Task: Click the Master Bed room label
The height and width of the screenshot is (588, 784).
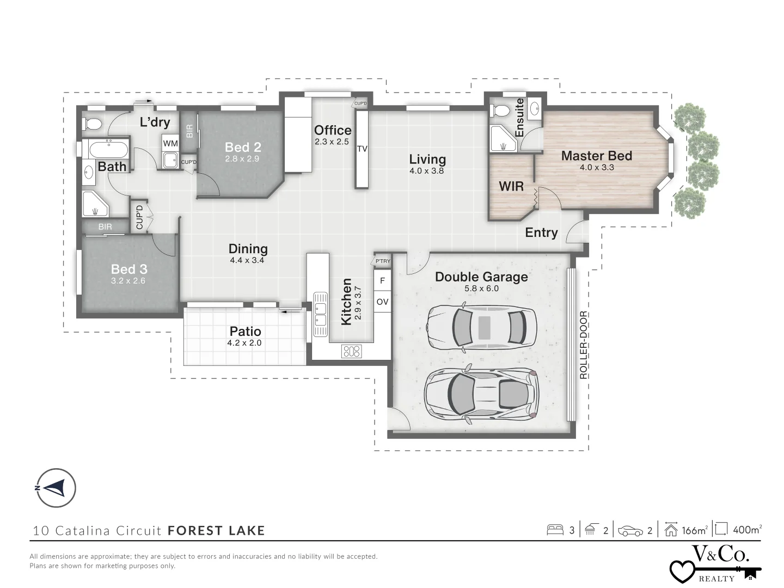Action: [596, 156]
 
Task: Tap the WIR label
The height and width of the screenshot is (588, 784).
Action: [511, 186]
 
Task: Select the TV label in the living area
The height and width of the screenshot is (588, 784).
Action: [362, 149]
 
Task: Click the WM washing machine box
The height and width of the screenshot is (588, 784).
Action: [170, 144]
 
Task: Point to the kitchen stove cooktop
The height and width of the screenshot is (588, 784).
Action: [351, 351]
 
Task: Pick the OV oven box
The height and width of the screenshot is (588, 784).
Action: [382, 302]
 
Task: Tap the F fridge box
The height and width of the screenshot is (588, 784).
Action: [382, 281]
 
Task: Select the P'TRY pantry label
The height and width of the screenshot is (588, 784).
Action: [383, 261]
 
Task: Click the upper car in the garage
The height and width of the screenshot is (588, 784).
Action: [481, 327]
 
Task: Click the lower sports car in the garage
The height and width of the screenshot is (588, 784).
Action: [481, 394]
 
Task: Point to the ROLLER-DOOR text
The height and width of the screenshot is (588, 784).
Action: [583, 345]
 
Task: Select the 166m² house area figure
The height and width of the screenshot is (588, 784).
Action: [694, 530]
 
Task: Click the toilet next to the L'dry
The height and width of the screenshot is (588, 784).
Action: [93, 124]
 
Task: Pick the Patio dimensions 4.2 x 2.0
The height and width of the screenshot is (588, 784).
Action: [244, 343]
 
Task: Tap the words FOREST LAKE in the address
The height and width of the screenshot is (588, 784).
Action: [216, 530]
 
